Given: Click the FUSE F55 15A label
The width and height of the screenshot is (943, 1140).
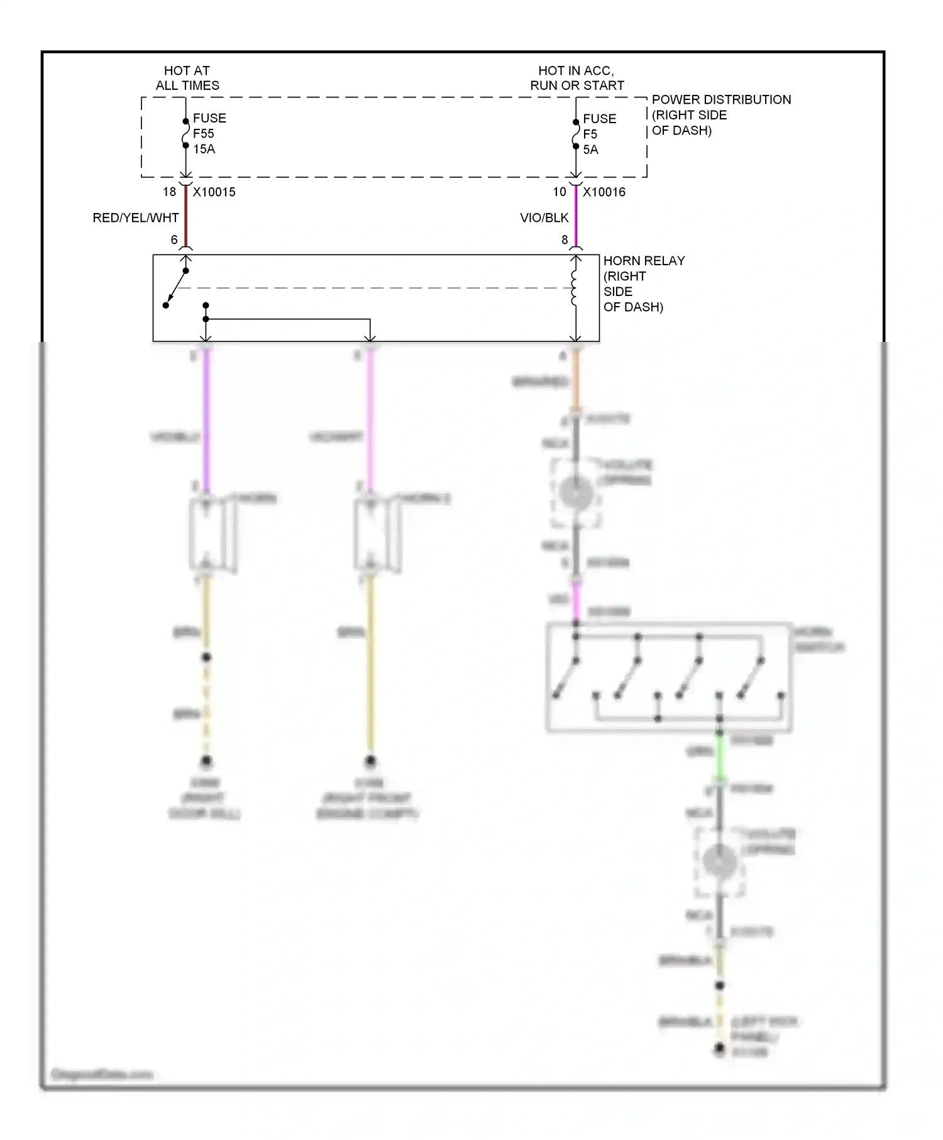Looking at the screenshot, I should pyautogui.click(x=208, y=133).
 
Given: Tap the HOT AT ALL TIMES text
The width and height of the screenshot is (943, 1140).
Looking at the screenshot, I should pyautogui.click(x=187, y=78).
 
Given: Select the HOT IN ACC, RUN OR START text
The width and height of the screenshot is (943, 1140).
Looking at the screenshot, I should pyautogui.click(x=576, y=78).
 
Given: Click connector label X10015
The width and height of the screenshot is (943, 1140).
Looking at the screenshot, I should pyautogui.click(x=214, y=192).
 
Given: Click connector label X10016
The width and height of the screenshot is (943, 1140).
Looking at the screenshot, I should pyautogui.click(x=604, y=192).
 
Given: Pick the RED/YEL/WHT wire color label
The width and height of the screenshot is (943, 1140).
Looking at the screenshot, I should pyautogui.click(x=136, y=218).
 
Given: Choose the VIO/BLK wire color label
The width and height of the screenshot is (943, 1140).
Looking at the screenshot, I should pyautogui.click(x=544, y=218).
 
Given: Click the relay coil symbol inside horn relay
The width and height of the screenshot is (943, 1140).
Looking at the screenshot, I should pyautogui.click(x=574, y=288).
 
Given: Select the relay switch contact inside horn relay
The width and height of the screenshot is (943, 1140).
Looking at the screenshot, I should pyautogui.click(x=175, y=288).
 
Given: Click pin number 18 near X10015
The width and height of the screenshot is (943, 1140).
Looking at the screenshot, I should pyautogui.click(x=169, y=192).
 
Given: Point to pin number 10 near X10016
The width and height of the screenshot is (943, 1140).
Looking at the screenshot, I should pyautogui.click(x=559, y=192).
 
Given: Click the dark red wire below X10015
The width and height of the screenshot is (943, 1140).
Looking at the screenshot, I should pyautogui.click(x=186, y=217).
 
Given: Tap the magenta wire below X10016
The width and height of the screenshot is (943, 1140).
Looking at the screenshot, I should pyautogui.click(x=576, y=217).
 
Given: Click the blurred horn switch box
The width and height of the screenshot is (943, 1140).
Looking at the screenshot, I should pyautogui.click(x=668, y=677).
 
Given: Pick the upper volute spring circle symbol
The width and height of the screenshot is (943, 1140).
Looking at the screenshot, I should pyautogui.click(x=576, y=493).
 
